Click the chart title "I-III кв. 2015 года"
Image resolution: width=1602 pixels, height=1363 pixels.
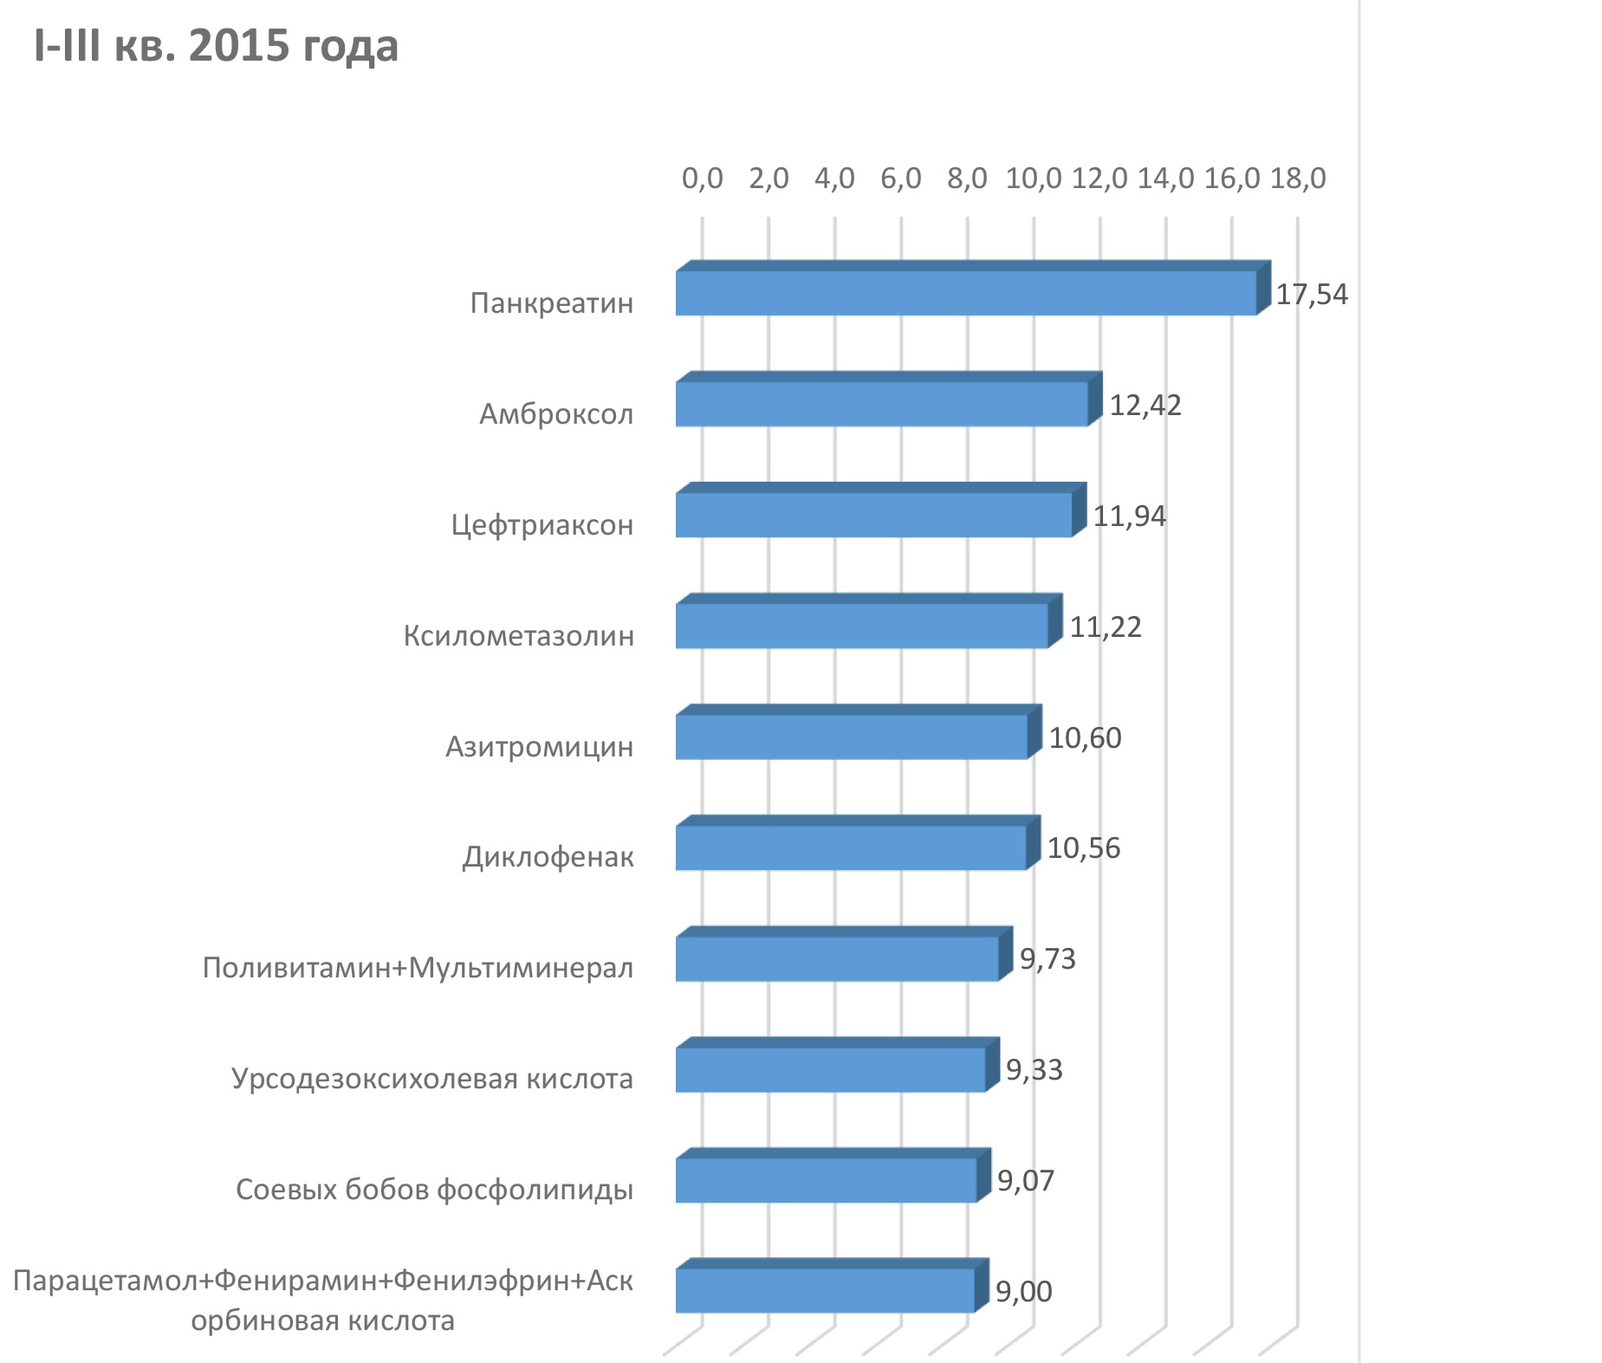point(216,45)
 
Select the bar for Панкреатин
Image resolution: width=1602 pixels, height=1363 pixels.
point(973,288)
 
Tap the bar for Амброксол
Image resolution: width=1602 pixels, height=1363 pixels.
point(889,399)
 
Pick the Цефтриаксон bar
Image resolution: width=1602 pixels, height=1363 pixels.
point(880,510)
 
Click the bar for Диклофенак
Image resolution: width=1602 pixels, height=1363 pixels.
point(858,842)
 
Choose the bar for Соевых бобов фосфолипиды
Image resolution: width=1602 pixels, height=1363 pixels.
point(833,1175)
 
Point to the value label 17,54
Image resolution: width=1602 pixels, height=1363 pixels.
point(1312,295)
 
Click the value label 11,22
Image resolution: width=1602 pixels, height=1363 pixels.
point(1106,627)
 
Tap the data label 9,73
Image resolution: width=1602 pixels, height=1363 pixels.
point(1047,959)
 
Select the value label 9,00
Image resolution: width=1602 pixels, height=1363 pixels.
point(1024,1292)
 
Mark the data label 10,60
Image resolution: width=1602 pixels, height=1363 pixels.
point(1085,738)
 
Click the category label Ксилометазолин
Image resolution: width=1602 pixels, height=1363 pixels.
point(519,636)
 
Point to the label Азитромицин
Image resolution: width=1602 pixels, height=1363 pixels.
point(540,747)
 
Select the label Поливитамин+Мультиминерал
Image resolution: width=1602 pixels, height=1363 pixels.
point(418,968)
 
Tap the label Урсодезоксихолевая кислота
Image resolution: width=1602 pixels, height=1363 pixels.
point(432,1079)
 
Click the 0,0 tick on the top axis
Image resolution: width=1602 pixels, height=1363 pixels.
point(702,178)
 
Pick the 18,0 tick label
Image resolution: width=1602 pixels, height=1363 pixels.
point(1298,178)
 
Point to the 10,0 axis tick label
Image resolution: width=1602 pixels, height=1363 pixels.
point(1034,178)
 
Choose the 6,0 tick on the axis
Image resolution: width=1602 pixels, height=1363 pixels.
point(901,178)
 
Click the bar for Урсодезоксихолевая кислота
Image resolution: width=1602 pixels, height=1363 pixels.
point(837,1064)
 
